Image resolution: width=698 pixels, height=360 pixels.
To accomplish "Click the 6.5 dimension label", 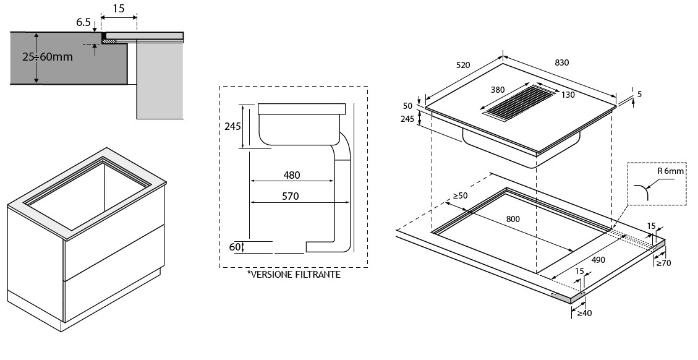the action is [x=83, y=22].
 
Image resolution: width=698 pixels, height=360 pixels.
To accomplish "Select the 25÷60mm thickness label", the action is [x=48, y=57].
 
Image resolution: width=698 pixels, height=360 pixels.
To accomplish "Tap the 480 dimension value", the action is [x=292, y=175].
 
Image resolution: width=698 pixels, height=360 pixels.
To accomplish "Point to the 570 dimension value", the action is [x=290, y=196].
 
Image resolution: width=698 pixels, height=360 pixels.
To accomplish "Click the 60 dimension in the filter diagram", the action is [x=235, y=246].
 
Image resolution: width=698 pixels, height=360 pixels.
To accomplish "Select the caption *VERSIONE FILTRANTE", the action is [x=294, y=275].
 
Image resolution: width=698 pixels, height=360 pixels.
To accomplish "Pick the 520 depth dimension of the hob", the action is [x=463, y=65].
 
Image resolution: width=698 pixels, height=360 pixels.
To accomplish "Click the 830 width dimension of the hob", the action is [x=562, y=63].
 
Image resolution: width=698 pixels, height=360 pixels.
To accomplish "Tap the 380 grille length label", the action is [x=498, y=90].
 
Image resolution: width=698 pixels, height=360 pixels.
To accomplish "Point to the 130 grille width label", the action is [x=568, y=95].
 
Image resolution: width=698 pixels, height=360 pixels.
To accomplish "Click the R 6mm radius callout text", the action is [x=670, y=171].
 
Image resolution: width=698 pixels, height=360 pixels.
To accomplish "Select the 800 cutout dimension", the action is [x=513, y=219].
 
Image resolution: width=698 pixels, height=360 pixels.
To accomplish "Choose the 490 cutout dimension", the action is [x=598, y=260].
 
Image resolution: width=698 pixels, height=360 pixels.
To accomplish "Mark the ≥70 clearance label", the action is [x=663, y=264].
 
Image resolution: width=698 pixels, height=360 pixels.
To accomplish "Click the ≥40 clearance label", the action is [x=584, y=313].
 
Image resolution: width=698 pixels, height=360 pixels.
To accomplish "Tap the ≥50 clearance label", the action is [x=461, y=195].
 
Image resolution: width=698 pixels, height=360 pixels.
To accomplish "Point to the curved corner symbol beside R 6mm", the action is [x=642, y=192].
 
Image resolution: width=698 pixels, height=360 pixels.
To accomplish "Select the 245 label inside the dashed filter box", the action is [x=232, y=126].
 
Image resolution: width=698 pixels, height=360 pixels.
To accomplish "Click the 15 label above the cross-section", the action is [x=119, y=9].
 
